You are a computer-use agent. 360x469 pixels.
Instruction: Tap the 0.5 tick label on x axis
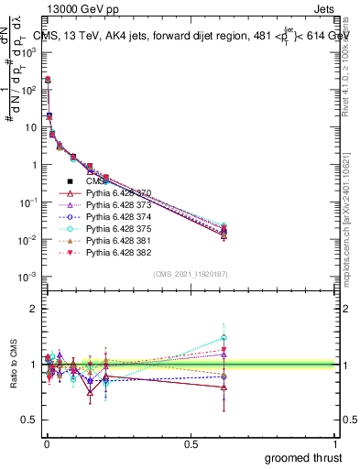point(191,443)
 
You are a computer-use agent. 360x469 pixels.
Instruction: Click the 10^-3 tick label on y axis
point(27,277)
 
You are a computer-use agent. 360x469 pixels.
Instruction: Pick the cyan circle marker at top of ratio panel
point(326,338)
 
